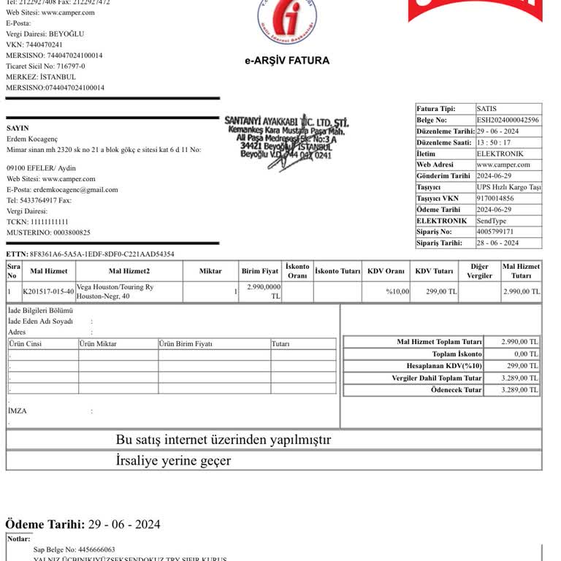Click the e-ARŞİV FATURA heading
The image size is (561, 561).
pyautogui.click(x=287, y=61)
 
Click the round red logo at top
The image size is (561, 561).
pyautogui.click(x=287, y=20)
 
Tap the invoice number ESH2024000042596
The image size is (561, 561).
pyautogui.click(x=508, y=120)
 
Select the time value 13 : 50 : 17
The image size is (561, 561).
pyautogui.click(x=495, y=142)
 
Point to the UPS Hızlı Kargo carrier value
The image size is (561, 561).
pyautogui.click(x=508, y=187)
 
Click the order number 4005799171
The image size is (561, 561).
pyautogui.click(x=495, y=232)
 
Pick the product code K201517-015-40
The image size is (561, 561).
pyautogui.click(x=48, y=291)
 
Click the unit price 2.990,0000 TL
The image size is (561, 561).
pyautogui.click(x=264, y=291)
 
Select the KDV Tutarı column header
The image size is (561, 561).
pyautogui.click(x=434, y=271)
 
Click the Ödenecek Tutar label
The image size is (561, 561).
pyautogui.click(x=456, y=390)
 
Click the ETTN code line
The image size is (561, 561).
pyautogui.click(x=91, y=254)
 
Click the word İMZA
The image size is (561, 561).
pyautogui.click(x=17, y=411)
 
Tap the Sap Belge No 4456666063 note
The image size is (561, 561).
pyautogui.click(x=74, y=549)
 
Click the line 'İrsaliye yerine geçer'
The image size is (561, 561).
pyautogui.click(x=173, y=461)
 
